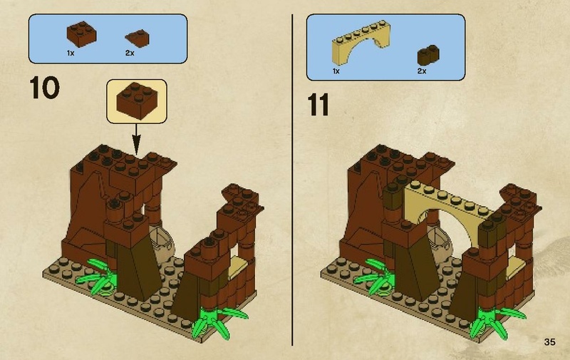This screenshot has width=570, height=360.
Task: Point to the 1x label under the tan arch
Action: coord(336,72)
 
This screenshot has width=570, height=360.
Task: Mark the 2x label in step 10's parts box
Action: coord(129,53)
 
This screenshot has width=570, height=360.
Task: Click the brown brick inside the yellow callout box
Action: coord(135,99)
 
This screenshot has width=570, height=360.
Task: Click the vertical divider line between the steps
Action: coord(294,178)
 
